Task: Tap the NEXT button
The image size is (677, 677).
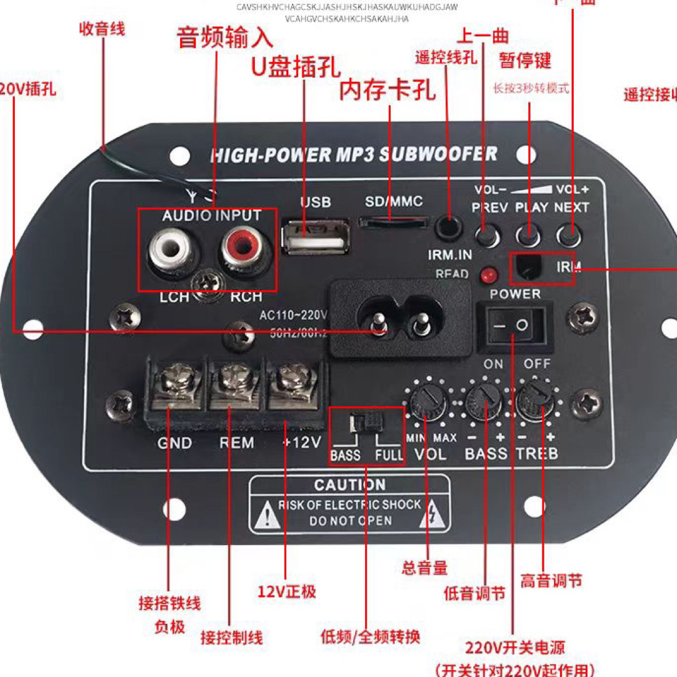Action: [569, 236]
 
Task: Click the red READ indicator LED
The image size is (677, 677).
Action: [487, 274]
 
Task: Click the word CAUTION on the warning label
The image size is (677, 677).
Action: [349, 485]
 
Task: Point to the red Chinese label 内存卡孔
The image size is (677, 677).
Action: [387, 91]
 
